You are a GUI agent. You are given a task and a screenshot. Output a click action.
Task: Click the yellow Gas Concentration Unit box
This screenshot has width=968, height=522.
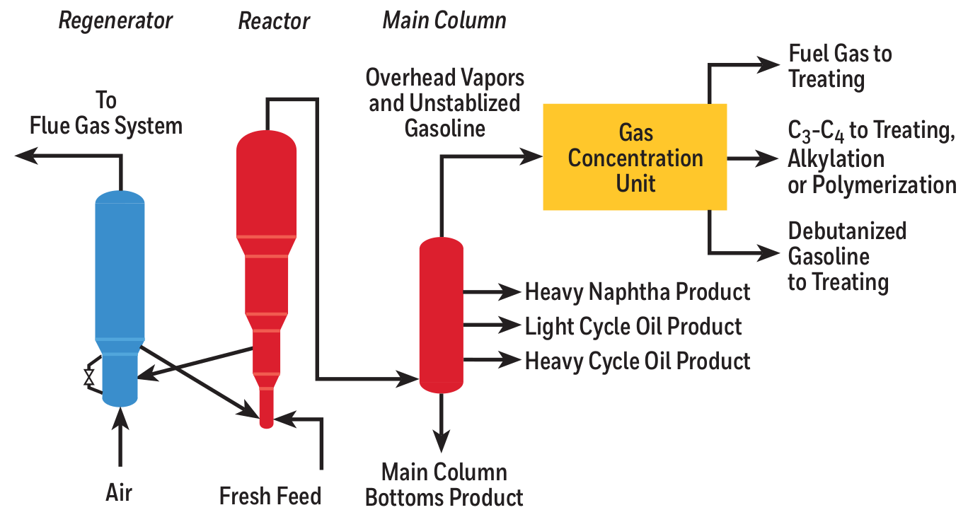click(x=635, y=157)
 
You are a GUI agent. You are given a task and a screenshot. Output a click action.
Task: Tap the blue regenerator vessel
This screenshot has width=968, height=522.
click(x=120, y=283)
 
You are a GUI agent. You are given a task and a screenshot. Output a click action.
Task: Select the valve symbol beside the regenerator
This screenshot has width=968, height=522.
click(x=89, y=377)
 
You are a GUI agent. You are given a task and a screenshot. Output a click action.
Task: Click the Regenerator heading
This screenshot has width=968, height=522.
click(x=115, y=21)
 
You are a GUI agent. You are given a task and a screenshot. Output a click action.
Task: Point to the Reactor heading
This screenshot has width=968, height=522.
click(x=274, y=21)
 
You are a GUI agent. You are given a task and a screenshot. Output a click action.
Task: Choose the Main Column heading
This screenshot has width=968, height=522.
click(x=444, y=21)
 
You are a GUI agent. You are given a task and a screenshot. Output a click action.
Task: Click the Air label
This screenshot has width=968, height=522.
click(x=119, y=492)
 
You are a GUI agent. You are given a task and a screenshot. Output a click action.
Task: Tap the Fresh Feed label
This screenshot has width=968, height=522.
click(x=270, y=495)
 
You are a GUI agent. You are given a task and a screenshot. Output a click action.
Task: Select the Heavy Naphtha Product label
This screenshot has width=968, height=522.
click(x=637, y=291)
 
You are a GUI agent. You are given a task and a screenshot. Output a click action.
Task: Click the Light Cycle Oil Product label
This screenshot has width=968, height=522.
click(x=633, y=326)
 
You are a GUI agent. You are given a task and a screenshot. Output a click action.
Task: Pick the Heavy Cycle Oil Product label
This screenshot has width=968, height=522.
click(x=637, y=361)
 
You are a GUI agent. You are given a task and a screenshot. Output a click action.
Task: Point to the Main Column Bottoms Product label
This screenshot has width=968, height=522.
click(x=444, y=485)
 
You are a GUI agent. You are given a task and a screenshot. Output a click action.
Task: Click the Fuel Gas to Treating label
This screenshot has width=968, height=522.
click(x=840, y=66)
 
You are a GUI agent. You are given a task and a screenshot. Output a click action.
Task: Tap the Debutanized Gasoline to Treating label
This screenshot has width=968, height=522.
click(x=847, y=256)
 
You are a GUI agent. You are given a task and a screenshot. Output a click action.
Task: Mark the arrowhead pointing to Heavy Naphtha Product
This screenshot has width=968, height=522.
click(x=509, y=291)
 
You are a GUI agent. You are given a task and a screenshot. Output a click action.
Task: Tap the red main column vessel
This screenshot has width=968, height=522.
click(x=441, y=315)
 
